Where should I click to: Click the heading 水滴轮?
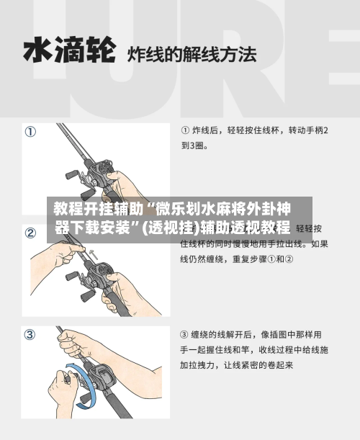69,51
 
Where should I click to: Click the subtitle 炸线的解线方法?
192,53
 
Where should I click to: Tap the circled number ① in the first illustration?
31,132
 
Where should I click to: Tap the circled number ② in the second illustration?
31,233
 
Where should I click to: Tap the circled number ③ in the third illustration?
31,335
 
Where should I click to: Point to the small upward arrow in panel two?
91,251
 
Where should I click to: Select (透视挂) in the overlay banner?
170,228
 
